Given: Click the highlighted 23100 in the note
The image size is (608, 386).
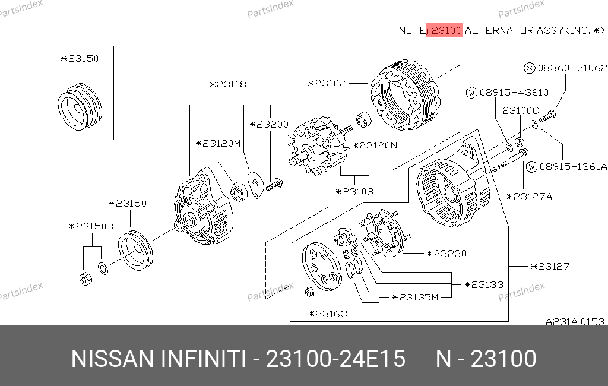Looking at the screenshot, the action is tap(446, 30).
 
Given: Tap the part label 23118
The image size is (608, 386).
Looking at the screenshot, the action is tap(228, 84).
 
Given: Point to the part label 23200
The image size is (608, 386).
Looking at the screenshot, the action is tap(269, 124).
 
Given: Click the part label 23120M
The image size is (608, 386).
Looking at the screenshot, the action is tap(218, 144).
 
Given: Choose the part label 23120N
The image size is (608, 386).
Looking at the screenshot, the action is tap(375, 145).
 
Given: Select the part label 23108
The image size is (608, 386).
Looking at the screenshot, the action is tap(354, 192).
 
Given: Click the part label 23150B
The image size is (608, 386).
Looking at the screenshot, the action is tap(91, 226).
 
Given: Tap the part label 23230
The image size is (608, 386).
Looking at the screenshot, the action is tap(446, 254).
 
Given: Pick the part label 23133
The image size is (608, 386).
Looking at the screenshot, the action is tap(484, 284).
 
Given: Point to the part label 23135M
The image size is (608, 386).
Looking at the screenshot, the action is tap(415, 297).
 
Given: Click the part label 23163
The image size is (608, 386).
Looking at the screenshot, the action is tap(328, 314).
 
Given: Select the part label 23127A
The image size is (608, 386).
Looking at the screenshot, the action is tap(529, 197).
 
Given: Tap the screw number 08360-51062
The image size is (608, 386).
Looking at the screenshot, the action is tap(572, 68).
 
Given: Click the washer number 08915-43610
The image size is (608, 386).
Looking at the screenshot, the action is tap(514, 93).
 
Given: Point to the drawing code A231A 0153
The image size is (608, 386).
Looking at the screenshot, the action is tap(575, 322).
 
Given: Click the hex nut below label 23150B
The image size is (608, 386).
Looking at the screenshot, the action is tap(85, 279).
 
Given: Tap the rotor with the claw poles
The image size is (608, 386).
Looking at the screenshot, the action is tap(319, 146).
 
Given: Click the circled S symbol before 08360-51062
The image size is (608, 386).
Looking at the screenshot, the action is tap(529, 68).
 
